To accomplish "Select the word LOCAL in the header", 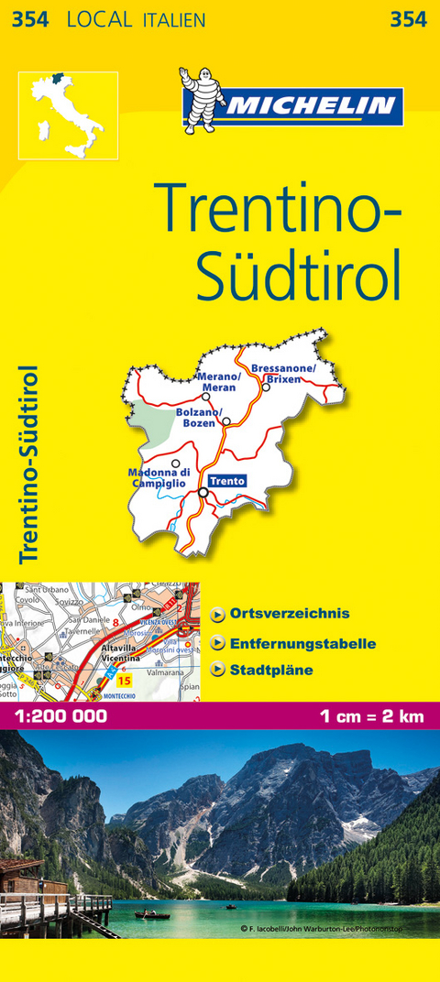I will [x=100, y=19].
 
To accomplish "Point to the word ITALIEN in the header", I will [x=174, y=19].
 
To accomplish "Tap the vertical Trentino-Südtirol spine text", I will [x=28, y=464].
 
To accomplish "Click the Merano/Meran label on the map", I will [x=219, y=382].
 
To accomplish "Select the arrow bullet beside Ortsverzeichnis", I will [x=217, y=614].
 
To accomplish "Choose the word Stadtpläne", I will [x=272, y=670].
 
